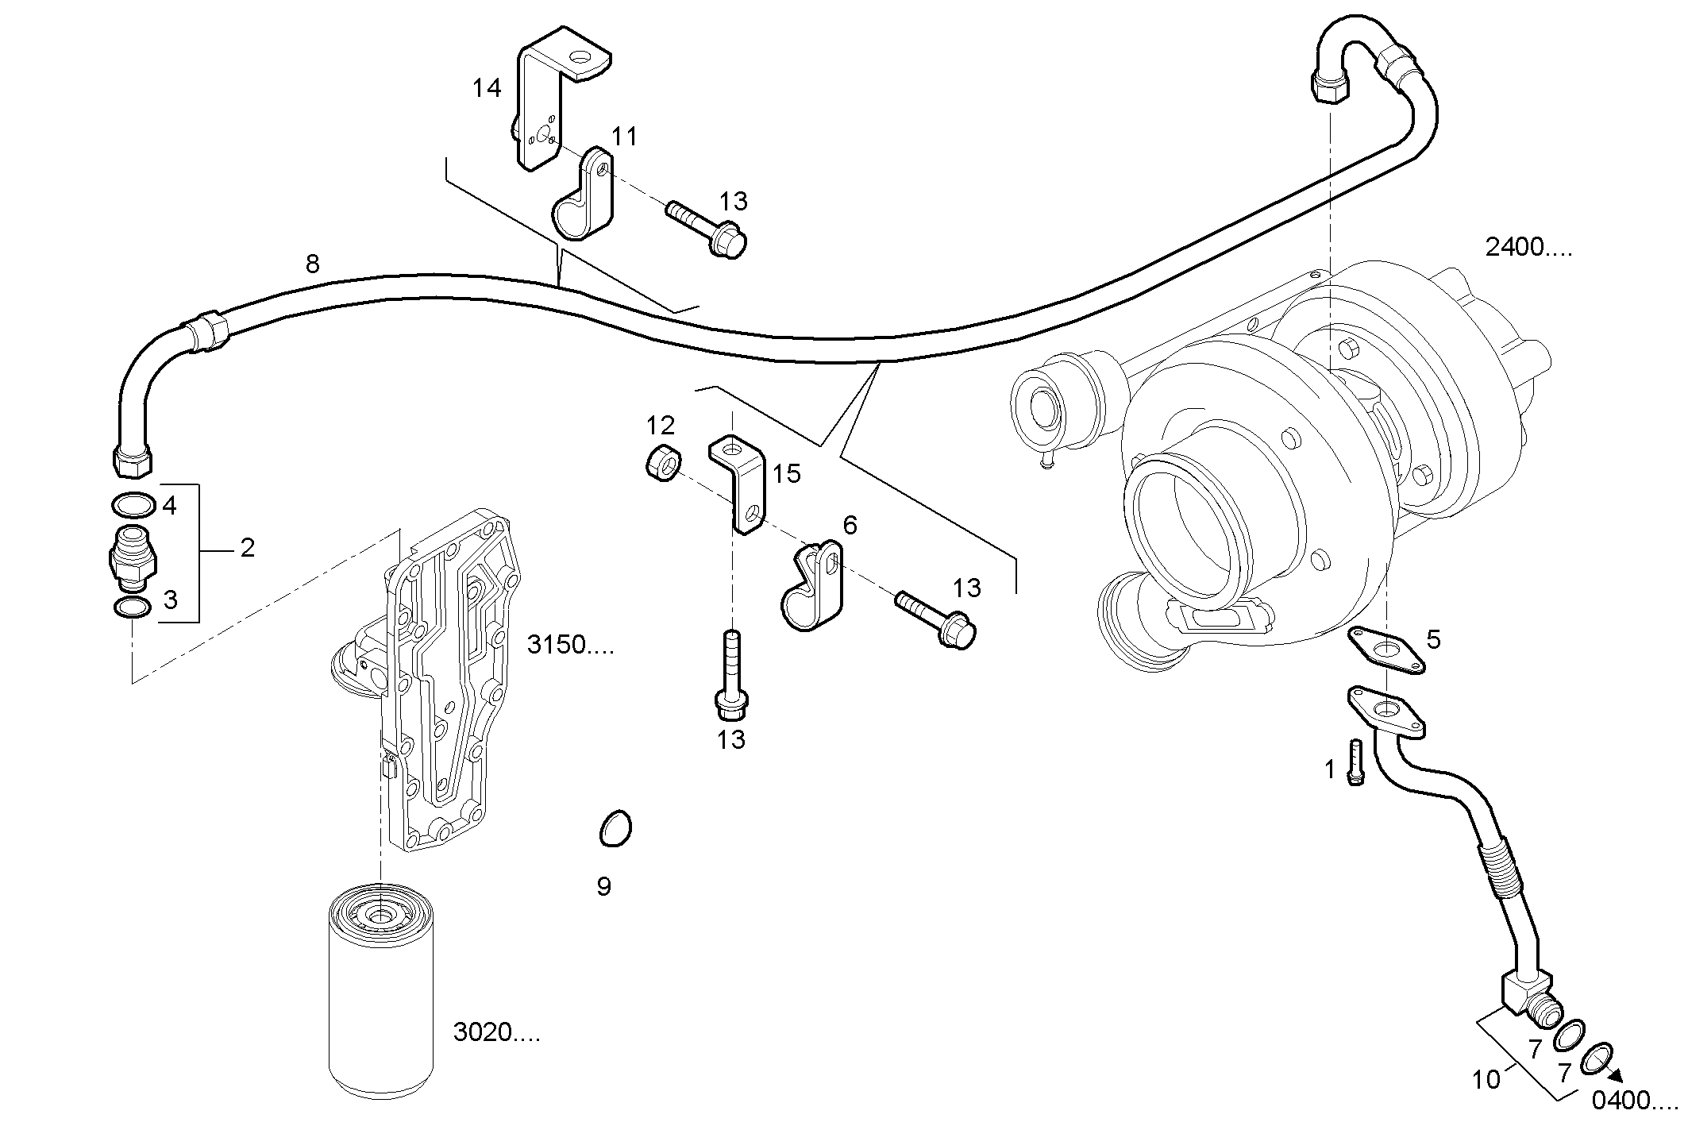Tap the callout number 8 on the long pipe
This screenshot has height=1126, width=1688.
point(312,264)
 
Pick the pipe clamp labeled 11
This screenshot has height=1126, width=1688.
point(584,199)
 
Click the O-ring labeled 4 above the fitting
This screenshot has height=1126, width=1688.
point(133,505)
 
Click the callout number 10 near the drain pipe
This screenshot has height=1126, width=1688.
point(1486,1079)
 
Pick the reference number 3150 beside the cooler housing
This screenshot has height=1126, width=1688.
point(570,645)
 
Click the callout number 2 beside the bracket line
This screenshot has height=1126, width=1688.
point(248,547)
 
